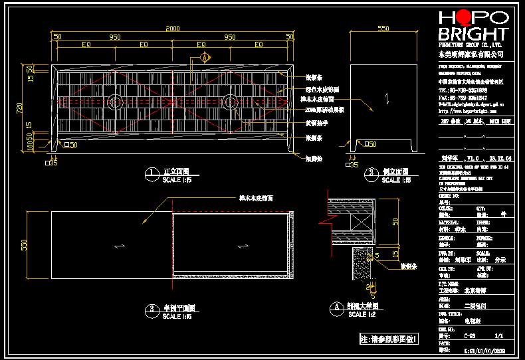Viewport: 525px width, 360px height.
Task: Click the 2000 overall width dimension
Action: pos(172,29)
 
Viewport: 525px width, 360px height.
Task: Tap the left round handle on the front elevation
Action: pos(115,102)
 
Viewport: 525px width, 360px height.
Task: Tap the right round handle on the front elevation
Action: pos(231,102)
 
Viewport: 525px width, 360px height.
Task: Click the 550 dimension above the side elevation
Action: pos(383,29)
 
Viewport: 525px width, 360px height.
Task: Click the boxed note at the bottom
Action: pos(389,339)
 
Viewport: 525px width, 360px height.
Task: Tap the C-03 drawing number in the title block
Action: pos(469,337)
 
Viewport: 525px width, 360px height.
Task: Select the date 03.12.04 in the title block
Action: pos(499,159)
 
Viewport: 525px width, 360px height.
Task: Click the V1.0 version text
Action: pos(472,159)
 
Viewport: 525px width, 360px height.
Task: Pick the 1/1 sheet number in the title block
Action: pos(500,337)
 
